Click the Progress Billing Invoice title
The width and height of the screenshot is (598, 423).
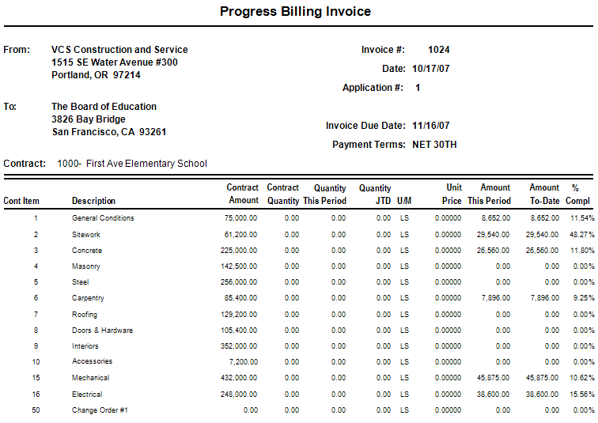click(295, 12)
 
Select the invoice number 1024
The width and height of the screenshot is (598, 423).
click(439, 50)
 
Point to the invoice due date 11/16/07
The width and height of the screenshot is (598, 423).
click(431, 126)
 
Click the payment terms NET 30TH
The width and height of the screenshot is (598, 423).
click(434, 145)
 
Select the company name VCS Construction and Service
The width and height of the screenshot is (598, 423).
click(119, 50)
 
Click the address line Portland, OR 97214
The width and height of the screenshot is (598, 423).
click(96, 75)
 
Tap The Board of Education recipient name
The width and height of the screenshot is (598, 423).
click(104, 107)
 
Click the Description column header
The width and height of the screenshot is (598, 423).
click(93, 201)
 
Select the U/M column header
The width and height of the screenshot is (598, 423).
click(404, 201)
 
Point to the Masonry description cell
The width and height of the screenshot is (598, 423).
click(86, 266)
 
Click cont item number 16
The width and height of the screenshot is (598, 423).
click(36, 395)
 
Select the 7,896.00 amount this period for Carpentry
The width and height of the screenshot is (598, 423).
click(494, 299)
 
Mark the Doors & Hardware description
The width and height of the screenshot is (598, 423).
click(102, 330)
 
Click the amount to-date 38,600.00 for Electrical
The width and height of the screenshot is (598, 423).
click(543, 395)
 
